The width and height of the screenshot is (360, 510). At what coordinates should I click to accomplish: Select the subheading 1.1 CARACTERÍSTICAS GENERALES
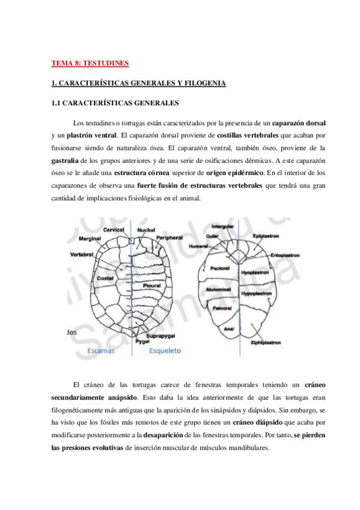pyautogui.click(x=115, y=103)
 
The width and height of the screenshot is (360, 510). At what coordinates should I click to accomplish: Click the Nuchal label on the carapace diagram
pyautogui.click(x=147, y=230)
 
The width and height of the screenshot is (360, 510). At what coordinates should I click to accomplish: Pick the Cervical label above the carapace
pyautogui.click(x=114, y=230)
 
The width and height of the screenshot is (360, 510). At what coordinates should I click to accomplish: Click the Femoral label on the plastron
pyautogui.click(x=224, y=307)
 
